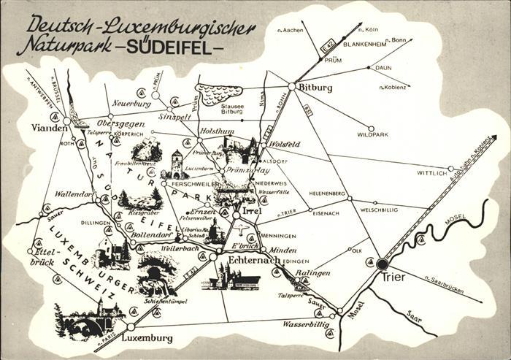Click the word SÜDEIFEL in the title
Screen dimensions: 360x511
(x=186, y=50)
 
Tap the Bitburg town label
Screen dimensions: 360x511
(x=315, y=87)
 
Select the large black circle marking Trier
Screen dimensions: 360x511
(x=382, y=264)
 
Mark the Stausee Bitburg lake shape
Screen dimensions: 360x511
(x=219, y=93)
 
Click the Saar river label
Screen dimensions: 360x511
(x=414, y=318)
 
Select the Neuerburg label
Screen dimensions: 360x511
(x=131, y=104)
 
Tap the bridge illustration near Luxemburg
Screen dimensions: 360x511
(x=84, y=321)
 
